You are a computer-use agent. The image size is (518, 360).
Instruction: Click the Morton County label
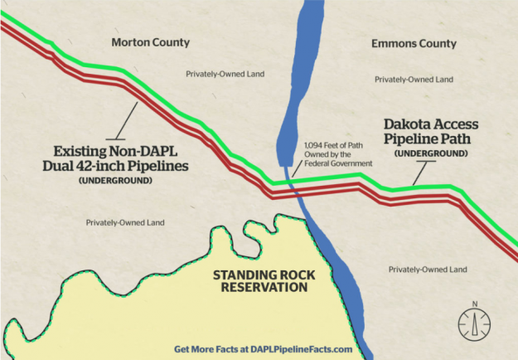point(150,42)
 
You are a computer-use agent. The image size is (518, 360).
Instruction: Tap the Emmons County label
point(414,43)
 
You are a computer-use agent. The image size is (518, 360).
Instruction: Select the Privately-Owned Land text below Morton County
point(225,74)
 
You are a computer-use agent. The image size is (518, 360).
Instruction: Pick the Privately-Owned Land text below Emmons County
point(414,80)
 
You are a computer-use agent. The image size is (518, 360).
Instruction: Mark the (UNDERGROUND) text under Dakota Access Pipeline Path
point(431,154)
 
